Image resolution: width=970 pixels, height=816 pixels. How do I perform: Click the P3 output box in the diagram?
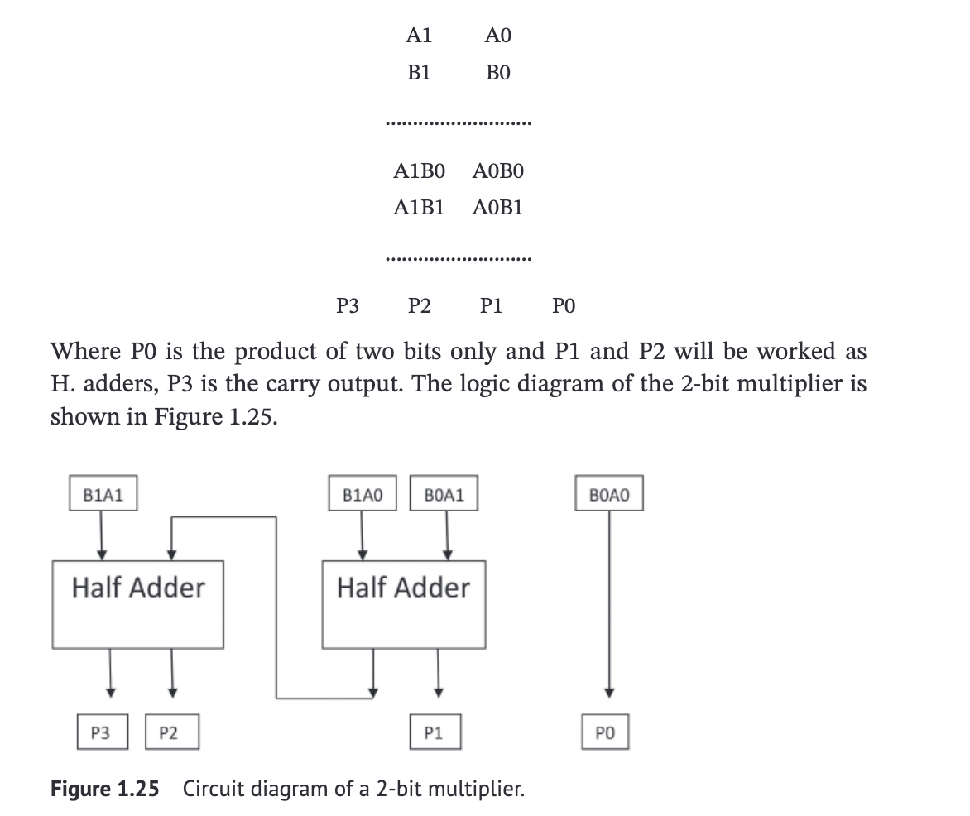click(101, 732)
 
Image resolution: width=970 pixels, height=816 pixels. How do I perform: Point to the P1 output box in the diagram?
click(434, 732)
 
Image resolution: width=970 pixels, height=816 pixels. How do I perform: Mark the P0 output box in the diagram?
click(606, 732)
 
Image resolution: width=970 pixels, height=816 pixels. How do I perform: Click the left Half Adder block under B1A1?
click(138, 603)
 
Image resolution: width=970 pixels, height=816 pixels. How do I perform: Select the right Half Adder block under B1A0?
click(403, 603)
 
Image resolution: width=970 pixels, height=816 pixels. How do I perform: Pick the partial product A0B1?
click(497, 207)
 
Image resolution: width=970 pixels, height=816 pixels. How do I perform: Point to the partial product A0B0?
click(497, 172)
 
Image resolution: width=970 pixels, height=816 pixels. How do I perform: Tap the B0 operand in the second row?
click(497, 73)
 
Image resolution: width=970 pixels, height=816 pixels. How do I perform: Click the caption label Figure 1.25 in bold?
click(105, 789)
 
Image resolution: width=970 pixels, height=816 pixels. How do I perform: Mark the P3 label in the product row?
click(348, 307)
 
